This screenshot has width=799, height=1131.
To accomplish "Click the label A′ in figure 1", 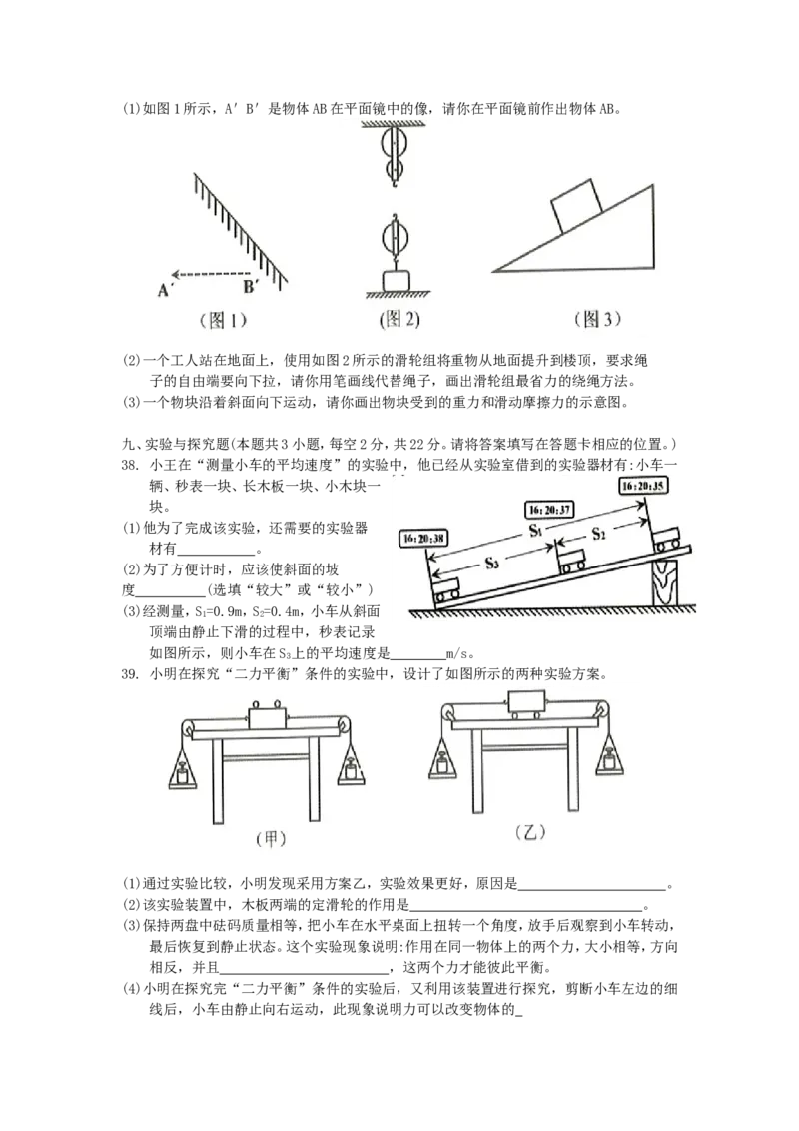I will [x=161, y=290].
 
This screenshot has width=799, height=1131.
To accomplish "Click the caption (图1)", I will [x=218, y=321].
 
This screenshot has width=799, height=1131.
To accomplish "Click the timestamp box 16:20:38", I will [x=423, y=538].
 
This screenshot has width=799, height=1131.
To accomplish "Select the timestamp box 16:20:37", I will [x=551, y=508].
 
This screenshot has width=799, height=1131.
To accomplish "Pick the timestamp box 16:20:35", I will [x=644, y=485].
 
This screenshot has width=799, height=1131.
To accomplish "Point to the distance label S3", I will [x=491, y=564].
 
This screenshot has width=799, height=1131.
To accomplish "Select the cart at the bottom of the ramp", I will [x=446, y=589].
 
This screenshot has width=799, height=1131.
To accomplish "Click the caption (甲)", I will [x=266, y=840].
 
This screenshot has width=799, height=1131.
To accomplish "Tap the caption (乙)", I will [x=531, y=832].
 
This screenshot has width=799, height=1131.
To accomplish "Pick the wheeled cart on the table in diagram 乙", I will [x=526, y=704].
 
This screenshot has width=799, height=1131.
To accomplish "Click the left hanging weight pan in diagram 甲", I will [x=184, y=771].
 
